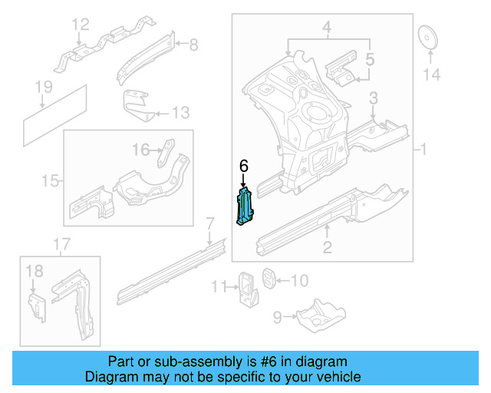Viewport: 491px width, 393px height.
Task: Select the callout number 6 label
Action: (x=244, y=166)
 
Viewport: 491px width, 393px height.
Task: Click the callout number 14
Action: (x=433, y=74)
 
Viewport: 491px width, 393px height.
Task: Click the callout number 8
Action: (x=193, y=45)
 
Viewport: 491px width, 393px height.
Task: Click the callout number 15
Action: (x=50, y=181)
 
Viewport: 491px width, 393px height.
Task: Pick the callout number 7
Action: (x=209, y=224)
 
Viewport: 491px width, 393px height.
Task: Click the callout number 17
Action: (x=61, y=245)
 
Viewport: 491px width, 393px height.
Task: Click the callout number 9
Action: (x=277, y=314)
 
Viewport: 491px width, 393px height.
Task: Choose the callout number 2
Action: (x=327, y=246)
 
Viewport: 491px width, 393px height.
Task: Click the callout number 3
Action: (x=374, y=98)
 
